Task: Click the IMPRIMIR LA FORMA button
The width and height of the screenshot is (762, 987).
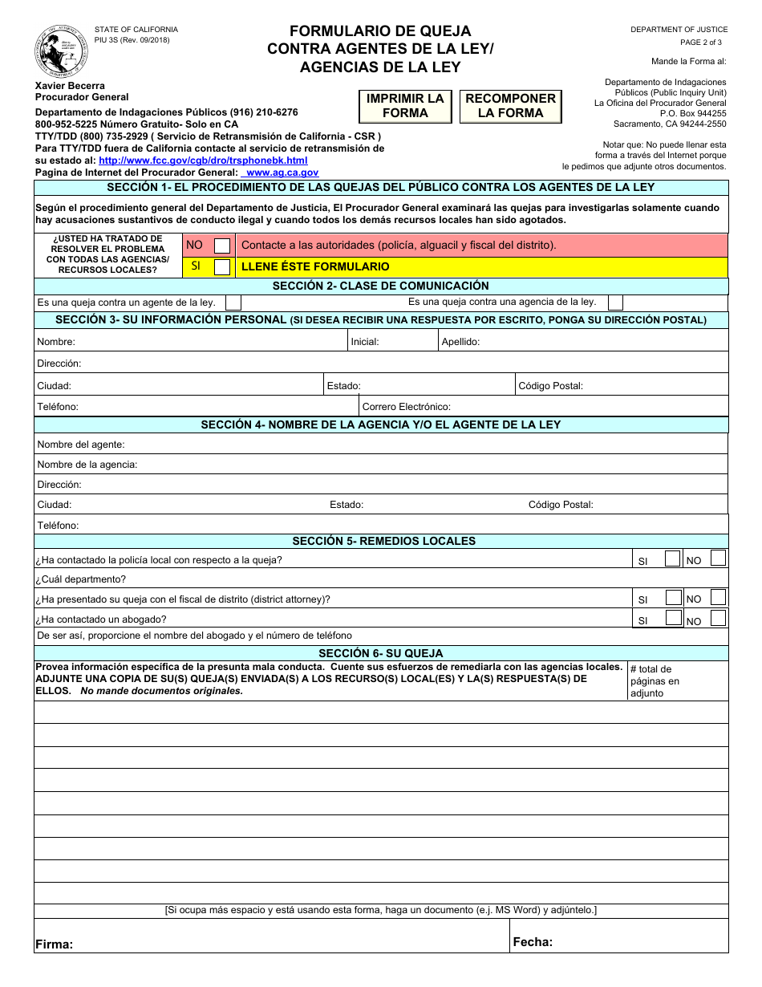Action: [405, 106]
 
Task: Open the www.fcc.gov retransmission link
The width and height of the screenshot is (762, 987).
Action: [203, 160]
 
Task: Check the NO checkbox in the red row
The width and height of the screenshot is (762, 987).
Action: [222, 246]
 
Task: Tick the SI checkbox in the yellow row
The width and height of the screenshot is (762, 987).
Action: [222, 267]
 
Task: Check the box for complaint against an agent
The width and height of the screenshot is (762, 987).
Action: [233, 303]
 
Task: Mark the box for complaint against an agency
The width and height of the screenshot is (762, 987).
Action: [614, 303]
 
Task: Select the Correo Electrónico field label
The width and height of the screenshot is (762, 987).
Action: [406, 407]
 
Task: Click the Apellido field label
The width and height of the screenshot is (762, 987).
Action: [460, 342]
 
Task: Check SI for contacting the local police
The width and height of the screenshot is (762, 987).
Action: [673, 558]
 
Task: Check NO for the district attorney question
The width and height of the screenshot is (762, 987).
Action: [718, 597]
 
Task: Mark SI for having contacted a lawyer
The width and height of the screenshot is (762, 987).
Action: [673, 618]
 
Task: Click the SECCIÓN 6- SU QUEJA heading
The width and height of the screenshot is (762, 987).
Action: [380, 653]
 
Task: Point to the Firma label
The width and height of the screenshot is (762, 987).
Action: [54, 944]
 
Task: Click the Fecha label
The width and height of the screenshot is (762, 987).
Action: [533, 942]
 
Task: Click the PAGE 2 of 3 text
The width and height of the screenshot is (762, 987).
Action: [700, 43]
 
